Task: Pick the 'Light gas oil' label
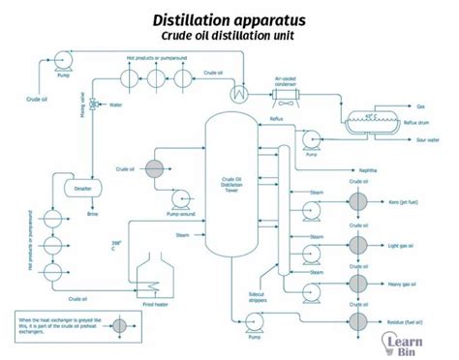[401, 245]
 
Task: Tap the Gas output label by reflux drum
[420, 106]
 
